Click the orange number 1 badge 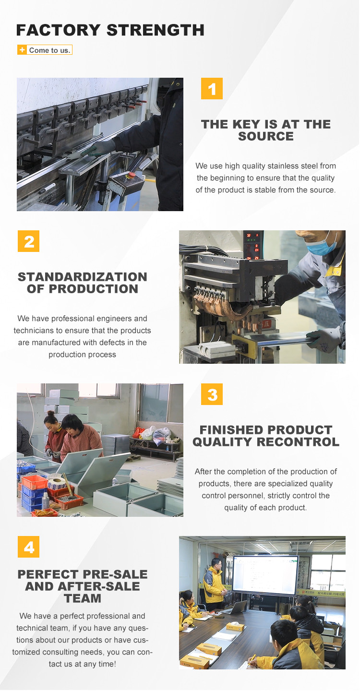coord(212,89)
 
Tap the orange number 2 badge coord(28,241)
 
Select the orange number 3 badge coord(212,394)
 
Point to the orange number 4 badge coord(28,547)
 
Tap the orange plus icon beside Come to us coord(22,50)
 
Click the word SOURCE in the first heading coord(265,136)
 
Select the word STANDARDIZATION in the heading coord(82,277)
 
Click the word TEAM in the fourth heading coord(83,598)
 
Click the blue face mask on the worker coord(321,246)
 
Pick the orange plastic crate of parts coord(35,482)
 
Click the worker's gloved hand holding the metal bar coord(319,338)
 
